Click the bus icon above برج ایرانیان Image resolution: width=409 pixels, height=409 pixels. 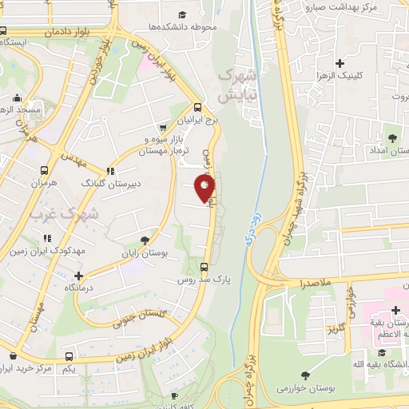pos(198,107)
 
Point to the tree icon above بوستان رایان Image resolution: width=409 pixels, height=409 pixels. pos(145,239)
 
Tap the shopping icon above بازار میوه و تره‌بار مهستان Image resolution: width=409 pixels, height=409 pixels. pos(163,126)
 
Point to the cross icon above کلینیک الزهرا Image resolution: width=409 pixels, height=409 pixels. pos(341,63)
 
